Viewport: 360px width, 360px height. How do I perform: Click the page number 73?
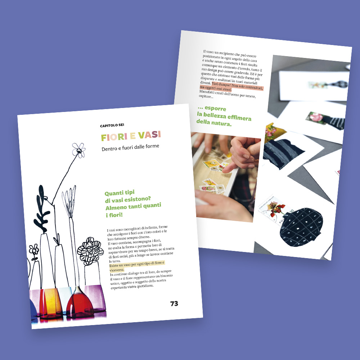(174, 303)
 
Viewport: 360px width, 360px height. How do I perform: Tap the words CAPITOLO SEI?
(112, 125)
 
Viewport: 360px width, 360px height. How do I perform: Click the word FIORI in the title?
(114, 137)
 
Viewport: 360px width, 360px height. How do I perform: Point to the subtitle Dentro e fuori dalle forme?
(130, 147)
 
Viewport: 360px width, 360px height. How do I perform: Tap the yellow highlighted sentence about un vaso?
(137, 266)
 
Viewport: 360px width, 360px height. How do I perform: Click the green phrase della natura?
(214, 123)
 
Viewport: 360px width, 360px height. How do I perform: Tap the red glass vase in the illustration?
(80, 303)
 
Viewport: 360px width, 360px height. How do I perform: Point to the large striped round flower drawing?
(90, 251)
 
